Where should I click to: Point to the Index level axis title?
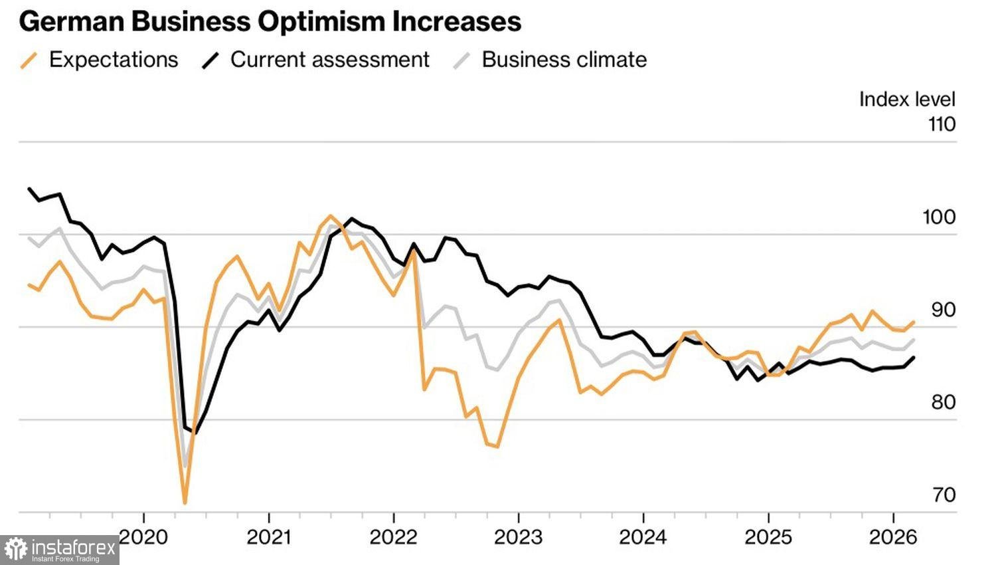tap(907, 99)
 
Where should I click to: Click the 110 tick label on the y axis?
tap(942, 124)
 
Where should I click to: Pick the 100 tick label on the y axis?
tap(939, 217)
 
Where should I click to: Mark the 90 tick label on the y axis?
tap(943, 310)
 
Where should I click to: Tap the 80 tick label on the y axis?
tap(943, 402)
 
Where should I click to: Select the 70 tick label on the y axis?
tap(944, 495)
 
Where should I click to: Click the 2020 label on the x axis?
tap(144, 537)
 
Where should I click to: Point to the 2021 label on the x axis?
tap(268, 537)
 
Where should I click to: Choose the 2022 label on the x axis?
tap(393, 537)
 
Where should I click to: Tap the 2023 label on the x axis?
tap(518, 537)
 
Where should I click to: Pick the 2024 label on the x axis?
tap(643, 537)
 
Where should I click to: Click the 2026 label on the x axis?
tap(892, 537)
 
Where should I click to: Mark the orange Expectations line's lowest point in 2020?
tap(185, 503)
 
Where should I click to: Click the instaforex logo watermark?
tap(60, 550)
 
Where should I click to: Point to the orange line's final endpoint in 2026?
tap(914, 322)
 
